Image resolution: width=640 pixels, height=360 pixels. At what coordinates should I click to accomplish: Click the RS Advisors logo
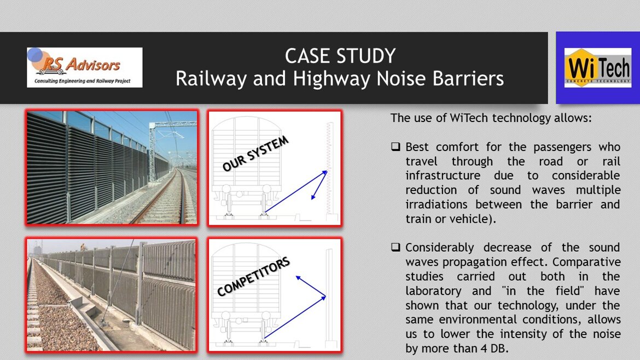point(84,67)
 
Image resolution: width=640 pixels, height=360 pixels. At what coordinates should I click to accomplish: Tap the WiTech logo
point(597,68)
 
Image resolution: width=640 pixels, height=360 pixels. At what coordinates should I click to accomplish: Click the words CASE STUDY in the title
point(340,56)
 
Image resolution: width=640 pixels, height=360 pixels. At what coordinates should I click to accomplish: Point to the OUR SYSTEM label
point(255,154)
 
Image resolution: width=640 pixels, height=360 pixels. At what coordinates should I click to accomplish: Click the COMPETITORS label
point(253,276)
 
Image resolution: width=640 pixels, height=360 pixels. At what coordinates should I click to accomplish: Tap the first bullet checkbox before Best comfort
point(395,147)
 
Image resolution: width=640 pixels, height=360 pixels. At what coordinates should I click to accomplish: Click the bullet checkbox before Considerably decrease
point(395,247)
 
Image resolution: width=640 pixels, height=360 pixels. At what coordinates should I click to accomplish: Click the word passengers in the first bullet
point(563,147)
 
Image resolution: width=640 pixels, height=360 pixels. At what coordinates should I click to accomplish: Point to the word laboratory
point(433,292)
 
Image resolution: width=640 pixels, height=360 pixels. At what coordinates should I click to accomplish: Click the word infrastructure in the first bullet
point(443,176)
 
